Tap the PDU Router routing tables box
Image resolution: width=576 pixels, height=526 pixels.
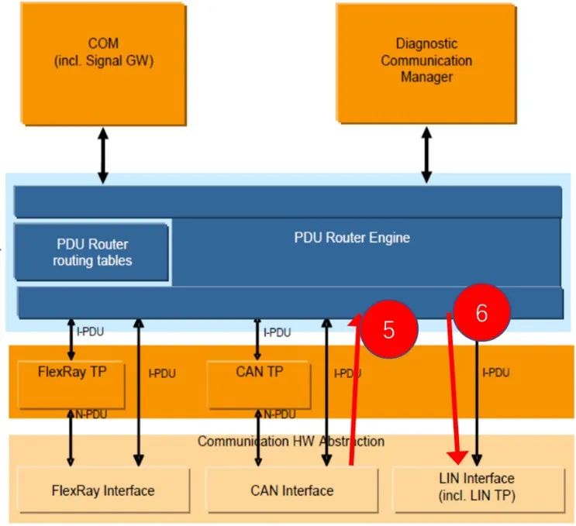[x=92, y=253]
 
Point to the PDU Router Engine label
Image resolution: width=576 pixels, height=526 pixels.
[x=352, y=238]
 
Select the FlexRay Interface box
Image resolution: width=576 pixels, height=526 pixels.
[x=102, y=490]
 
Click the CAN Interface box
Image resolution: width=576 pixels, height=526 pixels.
[x=291, y=490]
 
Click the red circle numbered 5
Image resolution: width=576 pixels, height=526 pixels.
[x=389, y=328]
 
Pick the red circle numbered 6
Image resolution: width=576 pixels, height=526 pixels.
[x=481, y=313]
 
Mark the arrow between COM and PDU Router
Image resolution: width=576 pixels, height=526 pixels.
[x=103, y=156]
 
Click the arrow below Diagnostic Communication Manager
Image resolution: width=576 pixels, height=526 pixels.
[x=426, y=156]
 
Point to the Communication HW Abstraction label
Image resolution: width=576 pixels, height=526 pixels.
[x=291, y=442]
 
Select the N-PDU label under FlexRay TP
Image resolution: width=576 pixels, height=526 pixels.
[x=91, y=415]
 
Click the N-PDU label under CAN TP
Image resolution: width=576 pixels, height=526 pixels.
[x=279, y=415]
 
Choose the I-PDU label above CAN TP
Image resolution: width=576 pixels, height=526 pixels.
[x=278, y=332]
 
